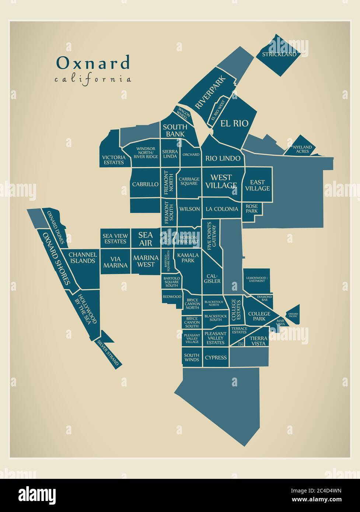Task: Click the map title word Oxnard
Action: pyautogui.click(x=93, y=63)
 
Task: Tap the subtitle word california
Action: pyautogui.click(x=93, y=79)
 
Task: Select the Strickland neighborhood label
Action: pyautogui.click(x=279, y=55)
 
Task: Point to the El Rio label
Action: pyautogui.click(x=234, y=123)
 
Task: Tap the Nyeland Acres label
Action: pyautogui.click(x=302, y=149)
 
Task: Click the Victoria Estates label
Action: pyautogui.click(x=113, y=159)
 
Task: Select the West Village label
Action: pyautogui.click(x=221, y=182)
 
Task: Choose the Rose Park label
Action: pyautogui.click(x=252, y=209)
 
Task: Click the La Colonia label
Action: pyautogui.click(x=222, y=209)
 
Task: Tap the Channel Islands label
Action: pyautogui.click(x=83, y=257)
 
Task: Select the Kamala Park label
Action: pyautogui.click(x=188, y=258)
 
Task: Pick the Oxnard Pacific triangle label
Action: pyautogui.click(x=293, y=315)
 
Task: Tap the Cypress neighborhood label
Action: pyautogui.click(x=216, y=357)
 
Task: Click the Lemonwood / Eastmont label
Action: pyautogui.click(x=256, y=279)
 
